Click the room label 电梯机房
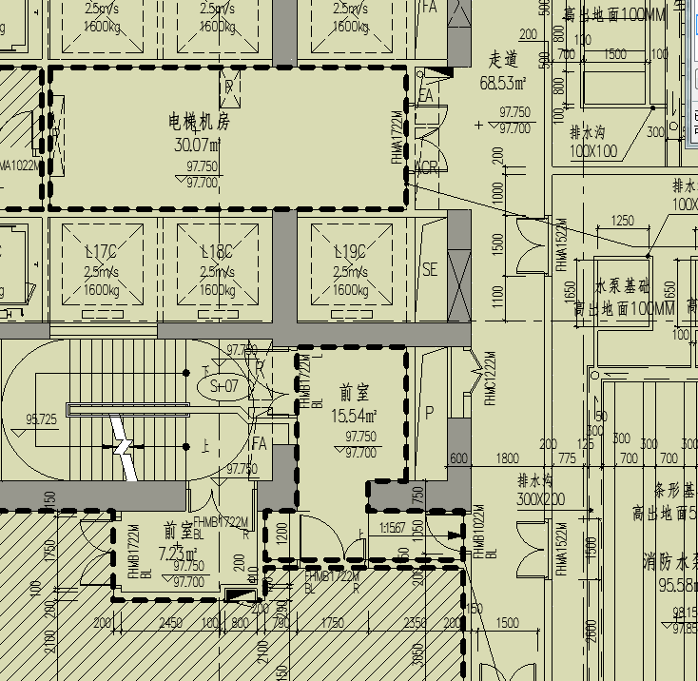coord(200,122)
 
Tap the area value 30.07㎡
coord(198,146)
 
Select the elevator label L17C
coord(100,252)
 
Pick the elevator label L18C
coord(217,252)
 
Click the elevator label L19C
coord(350,252)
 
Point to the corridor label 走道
coord(503,59)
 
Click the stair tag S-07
coord(224,386)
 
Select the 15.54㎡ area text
coord(354,416)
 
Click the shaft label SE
coord(430,269)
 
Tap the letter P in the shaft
coord(429,413)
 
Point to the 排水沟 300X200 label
coord(540,490)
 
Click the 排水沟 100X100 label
coord(593,142)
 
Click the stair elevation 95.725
coord(41,419)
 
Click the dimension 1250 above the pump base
coord(622,221)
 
